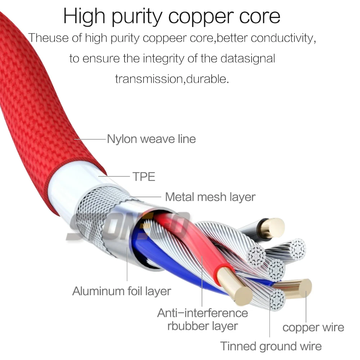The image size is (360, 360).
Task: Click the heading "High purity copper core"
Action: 172,16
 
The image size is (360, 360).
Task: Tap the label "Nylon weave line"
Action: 151,139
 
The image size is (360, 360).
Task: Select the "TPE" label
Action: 143,177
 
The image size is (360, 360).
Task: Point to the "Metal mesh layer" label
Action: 210,197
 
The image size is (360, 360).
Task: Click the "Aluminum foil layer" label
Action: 121,291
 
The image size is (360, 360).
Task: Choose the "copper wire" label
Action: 313,327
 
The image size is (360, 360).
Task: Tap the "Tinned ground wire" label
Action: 271,346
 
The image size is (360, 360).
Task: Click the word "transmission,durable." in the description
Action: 172,78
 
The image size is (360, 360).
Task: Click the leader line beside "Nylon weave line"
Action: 90,139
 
